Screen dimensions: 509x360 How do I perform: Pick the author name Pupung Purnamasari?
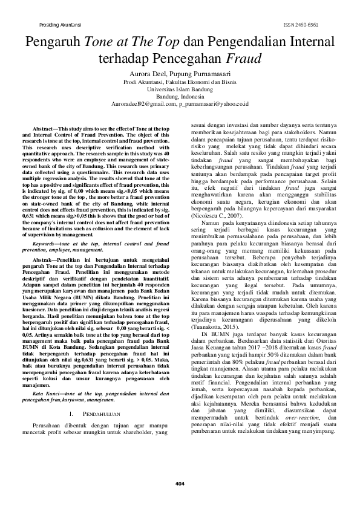203,74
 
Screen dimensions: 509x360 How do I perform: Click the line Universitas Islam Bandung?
180,89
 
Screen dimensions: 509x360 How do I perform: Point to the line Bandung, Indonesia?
180,96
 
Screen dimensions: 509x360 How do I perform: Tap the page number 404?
180,482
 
